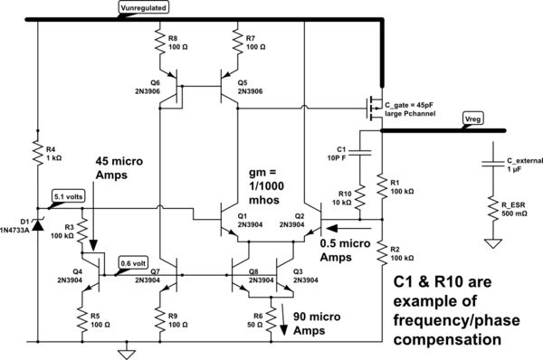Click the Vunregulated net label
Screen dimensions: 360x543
click(x=146, y=8)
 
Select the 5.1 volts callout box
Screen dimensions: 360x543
click(x=69, y=195)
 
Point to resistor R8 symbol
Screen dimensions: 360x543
click(x=160, y=43)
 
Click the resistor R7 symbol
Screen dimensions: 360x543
click(x=237, y=43)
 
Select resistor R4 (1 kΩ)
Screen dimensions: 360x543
click(x=37, y=153)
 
